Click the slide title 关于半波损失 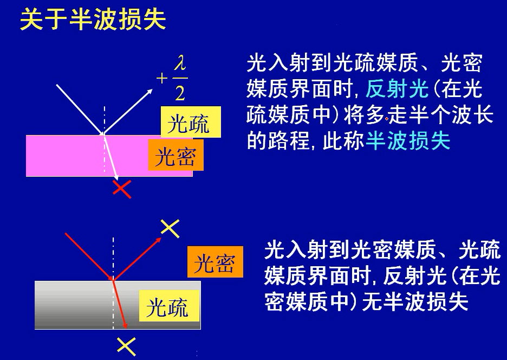pos(93,20)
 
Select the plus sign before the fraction pos(162,79)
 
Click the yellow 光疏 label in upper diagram pos(191,123)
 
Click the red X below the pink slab pos(122,189)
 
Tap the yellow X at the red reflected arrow pos(170,229)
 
